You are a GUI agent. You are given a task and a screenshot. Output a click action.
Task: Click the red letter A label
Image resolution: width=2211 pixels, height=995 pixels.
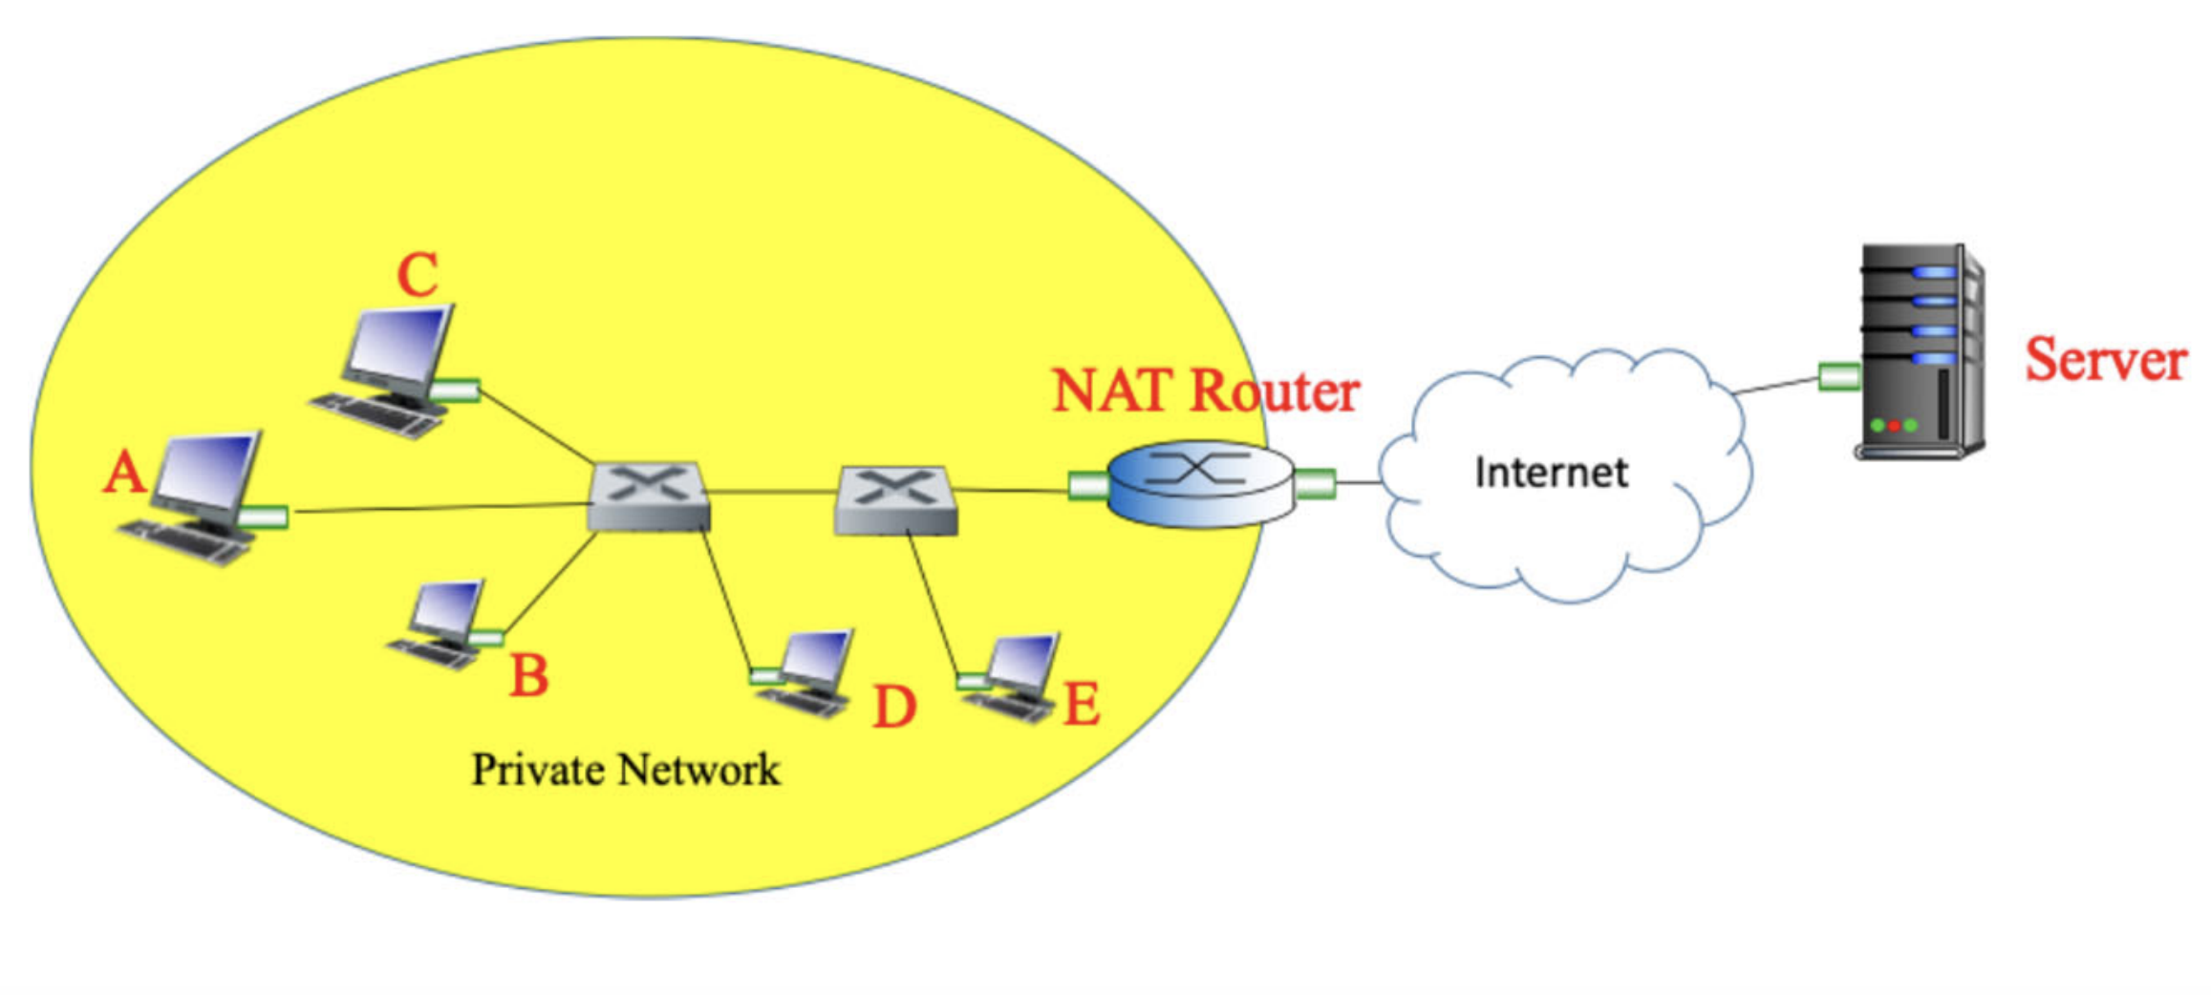point(124,474)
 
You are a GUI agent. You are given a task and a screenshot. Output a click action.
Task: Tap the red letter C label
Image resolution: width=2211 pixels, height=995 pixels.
point(418,276)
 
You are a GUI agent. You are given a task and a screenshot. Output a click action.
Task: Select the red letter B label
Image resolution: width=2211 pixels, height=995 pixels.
point(528,675)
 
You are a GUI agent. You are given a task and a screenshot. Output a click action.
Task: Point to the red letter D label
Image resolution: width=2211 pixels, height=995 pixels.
point(894,708)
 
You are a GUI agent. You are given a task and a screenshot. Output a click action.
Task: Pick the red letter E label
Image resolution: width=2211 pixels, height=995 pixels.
point(1081,706)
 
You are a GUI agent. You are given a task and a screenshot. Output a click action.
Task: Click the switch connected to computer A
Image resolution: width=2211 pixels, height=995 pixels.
point(648,497)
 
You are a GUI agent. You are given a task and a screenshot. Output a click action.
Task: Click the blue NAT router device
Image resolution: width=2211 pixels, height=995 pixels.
point(1200,483)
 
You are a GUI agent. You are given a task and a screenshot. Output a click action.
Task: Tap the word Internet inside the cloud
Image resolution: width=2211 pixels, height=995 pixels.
point(1550,473)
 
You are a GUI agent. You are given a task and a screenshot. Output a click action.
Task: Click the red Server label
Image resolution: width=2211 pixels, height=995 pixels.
point(2105,361)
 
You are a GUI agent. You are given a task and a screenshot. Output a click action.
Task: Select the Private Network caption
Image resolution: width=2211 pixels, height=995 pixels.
point(626,770)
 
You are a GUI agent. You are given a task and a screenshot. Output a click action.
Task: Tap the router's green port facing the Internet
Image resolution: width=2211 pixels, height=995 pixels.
point(1315,484)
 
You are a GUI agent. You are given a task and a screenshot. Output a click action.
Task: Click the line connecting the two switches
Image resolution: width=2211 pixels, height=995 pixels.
point(772,492)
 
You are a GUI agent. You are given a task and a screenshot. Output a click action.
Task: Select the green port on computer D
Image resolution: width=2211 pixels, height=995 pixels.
point(764,676)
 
